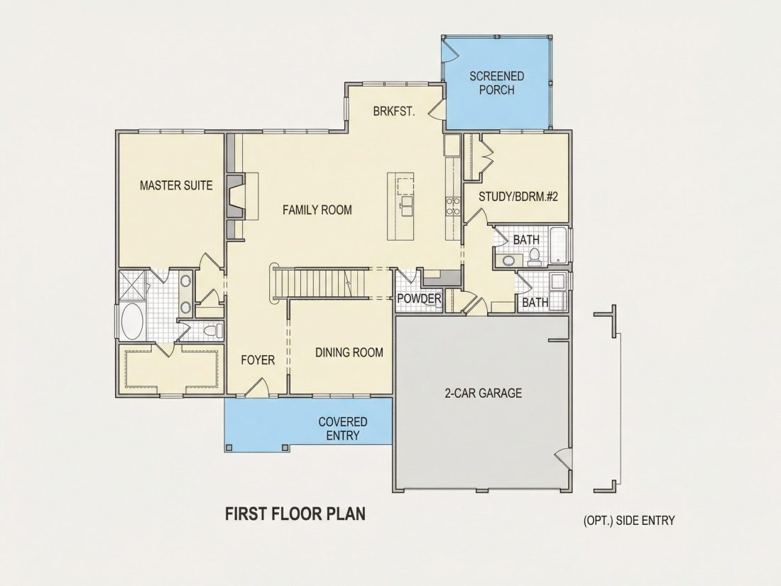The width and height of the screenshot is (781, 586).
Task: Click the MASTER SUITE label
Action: [176, 185]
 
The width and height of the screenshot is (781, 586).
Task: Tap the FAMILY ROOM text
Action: [317, 210]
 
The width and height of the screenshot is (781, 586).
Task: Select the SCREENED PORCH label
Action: [496, 82]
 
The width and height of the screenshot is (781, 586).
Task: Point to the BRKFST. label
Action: [394, 111]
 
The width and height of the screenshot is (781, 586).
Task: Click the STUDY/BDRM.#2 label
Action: [518, 196]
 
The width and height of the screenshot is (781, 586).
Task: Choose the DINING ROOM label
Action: [349, 353]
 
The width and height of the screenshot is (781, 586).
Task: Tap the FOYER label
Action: [258, 360]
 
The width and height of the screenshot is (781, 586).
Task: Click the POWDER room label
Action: [419, 299]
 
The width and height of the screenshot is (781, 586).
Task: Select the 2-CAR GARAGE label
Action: [483, 394]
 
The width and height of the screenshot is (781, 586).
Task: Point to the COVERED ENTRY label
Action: [343, 428]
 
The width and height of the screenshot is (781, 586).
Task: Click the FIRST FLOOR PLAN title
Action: [295, 514]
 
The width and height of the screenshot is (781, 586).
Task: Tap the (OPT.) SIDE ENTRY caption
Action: [629, 521]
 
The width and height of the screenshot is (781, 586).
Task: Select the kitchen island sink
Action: [407, 206]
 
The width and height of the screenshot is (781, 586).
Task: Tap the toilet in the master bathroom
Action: [214, 330]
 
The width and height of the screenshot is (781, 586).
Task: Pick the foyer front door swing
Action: [258, 387]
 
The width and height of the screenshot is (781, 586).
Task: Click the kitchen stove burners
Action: [453, 206]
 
